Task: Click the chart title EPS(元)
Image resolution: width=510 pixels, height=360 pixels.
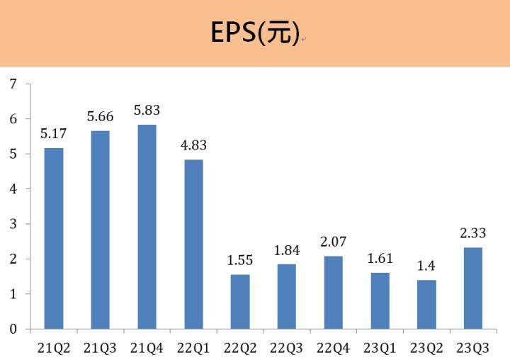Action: coord(255,33)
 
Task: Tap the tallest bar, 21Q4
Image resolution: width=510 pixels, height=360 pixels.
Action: coord(147,227)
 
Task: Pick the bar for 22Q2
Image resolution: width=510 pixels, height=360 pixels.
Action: coord(240,301)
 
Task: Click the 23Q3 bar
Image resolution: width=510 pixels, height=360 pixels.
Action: coord(472,288)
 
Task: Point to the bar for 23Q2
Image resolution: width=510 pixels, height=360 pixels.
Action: coord(426,304)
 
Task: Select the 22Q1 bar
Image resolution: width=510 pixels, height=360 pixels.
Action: coord(193,244)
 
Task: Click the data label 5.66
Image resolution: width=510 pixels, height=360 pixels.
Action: coord(101,117)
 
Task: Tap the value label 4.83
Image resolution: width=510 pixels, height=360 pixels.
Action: coord(193,146)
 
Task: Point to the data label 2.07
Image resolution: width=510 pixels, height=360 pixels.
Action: coord(333,242)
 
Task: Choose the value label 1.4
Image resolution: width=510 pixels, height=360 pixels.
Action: coord(426,266)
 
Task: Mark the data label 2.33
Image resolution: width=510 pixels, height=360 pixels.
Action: coord(472,233)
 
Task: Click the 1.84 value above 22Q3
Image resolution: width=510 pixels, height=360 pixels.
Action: coord(286,250)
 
